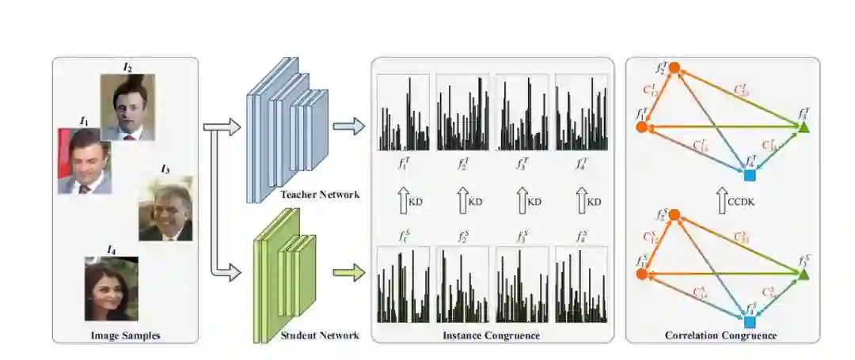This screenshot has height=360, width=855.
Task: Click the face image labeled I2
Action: (127, 108)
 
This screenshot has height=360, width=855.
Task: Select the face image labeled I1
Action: (84, 161)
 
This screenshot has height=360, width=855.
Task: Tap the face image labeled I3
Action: (165, 209)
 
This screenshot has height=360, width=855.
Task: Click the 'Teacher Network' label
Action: (319, 195)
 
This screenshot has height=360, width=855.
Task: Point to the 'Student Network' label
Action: (319, 335)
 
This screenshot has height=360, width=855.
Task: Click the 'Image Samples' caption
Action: (124, 335)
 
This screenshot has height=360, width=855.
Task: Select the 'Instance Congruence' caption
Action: (492, 335)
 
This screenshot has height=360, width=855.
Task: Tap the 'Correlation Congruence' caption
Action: (723, 335)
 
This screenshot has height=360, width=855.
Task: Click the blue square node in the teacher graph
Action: (749, 174)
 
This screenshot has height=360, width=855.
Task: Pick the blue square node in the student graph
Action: (749, 322)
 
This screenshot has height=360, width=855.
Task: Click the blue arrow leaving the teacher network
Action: (349, 126)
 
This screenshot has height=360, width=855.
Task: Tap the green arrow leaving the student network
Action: (349, 275)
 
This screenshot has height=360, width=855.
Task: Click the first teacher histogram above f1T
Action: (403, 112)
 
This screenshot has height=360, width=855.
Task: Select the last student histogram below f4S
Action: (581, 285)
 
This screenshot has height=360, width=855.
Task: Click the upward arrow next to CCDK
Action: (722, 201)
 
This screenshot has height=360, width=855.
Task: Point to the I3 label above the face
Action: (165, 169)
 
